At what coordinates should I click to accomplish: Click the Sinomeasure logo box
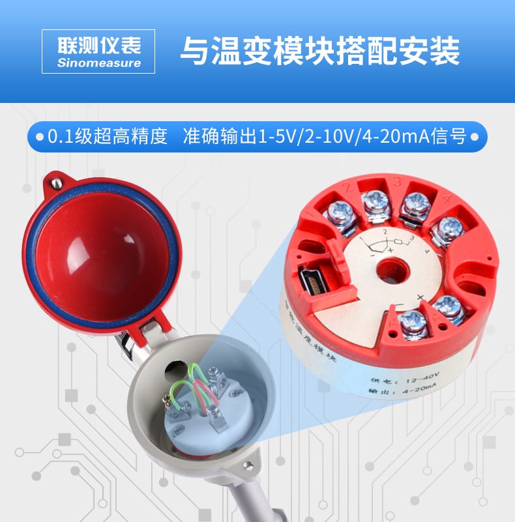point(99,51)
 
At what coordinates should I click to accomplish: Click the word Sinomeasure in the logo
point(99,63)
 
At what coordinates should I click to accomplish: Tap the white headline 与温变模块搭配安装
point(319,51)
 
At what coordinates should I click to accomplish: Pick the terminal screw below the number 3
point(414,204)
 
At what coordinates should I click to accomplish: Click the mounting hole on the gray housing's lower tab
point(246,465)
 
